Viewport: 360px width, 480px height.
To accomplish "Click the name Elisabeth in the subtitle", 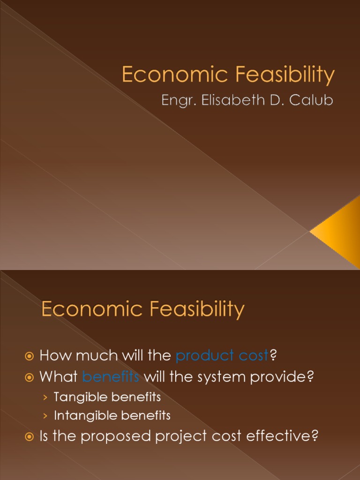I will point(228,101).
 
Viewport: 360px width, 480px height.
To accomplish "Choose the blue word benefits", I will point(111,376).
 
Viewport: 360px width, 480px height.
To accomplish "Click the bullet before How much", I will point(30,356).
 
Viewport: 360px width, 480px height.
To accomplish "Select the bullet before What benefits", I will point(30,377).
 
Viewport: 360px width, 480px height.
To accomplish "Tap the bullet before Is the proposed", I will point(30,437).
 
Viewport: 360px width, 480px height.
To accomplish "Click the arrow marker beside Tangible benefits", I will point(45,397).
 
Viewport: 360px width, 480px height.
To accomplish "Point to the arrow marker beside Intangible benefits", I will point(45,416).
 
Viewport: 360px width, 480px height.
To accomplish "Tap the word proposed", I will point(120,436).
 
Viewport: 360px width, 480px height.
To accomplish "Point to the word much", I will point(97,356).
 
